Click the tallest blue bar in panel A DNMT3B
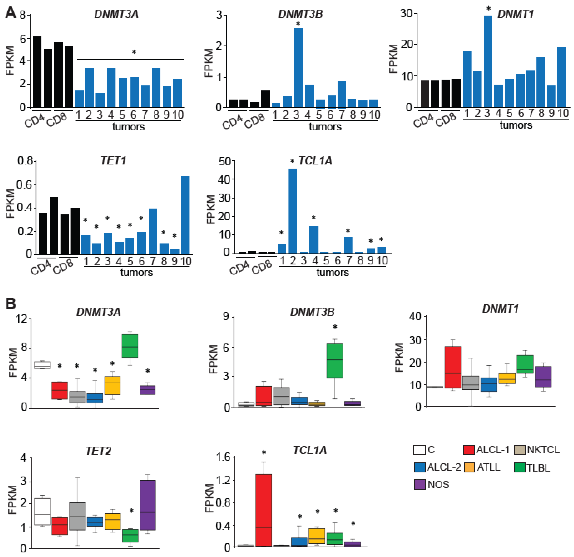[x=298, y=67]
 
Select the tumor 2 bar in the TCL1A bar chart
[x=292, y=211]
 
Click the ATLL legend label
[x=488, y=467]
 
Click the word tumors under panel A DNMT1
[x=516, y=125]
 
